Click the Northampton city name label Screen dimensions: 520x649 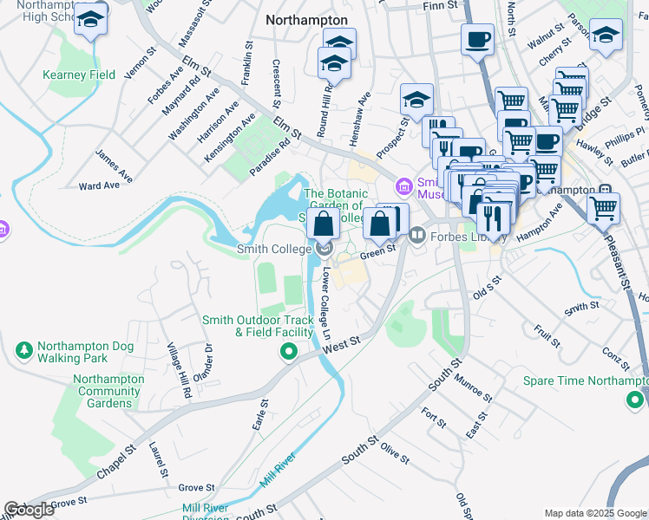[306, 20]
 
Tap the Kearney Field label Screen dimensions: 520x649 [79, 75]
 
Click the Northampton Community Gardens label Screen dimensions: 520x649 [108, 391]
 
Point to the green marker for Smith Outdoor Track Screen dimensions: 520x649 [287, 352]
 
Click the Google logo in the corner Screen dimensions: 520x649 [29, 510]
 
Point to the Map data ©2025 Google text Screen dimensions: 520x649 [595, 513]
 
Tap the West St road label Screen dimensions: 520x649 [340, 344]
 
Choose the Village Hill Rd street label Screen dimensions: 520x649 [178, 370]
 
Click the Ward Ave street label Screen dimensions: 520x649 [98, 185]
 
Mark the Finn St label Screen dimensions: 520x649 [439, 6]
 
